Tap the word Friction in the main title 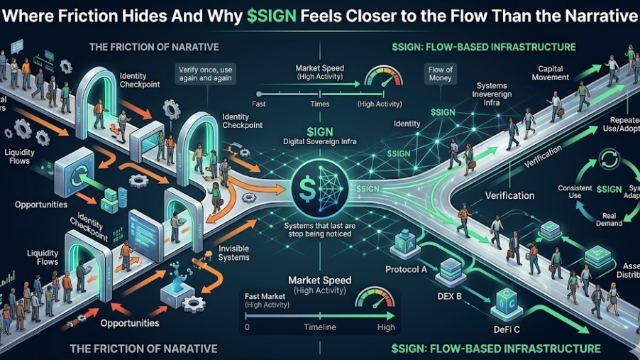coord(75,17)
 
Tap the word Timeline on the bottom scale coord(319,328)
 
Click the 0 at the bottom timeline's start coord(246,328)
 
